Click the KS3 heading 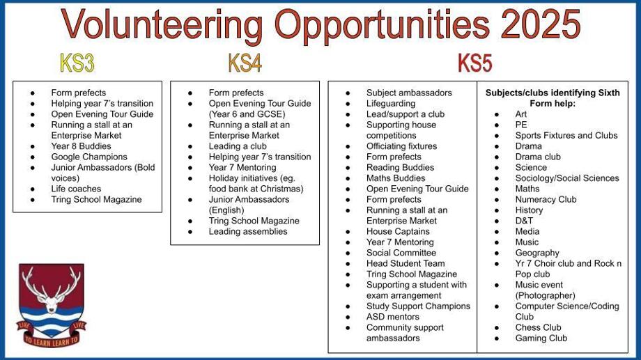tap(77, 63)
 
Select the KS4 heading tap(245, 63)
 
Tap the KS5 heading tap(475, 63)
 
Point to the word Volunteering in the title tap(162, 26)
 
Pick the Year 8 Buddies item tap(81, 146)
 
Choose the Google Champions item tap(89, 157)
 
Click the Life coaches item tap(76, 189)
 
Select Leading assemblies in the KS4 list tap(248, 231)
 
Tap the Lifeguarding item tap(390, 103)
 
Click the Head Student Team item tap(406, 263)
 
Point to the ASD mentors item tap(393, 317)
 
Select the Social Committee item tap(401, 253)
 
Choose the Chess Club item tap(538, 327)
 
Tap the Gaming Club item tap(541, 338)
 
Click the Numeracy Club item tap(546, 199)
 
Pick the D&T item tap(524, 221)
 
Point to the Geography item tap(537, 253)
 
